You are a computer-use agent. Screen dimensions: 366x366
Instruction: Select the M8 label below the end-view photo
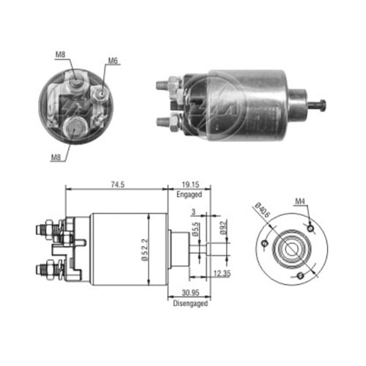(56, 155)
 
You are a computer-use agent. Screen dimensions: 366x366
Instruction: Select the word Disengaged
(189, 302)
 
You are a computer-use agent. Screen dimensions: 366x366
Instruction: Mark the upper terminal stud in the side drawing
(42, 231)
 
